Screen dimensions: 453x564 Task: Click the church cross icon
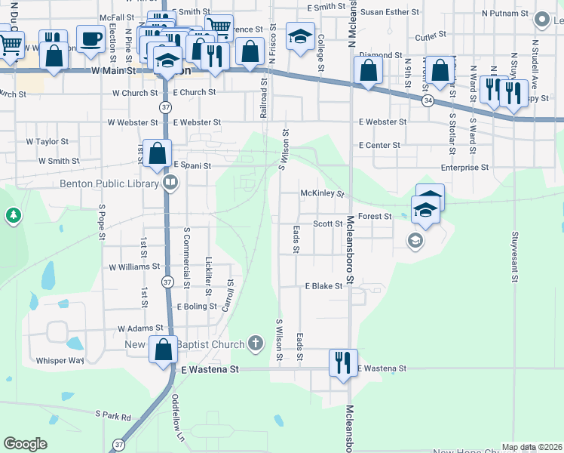coord(256,344)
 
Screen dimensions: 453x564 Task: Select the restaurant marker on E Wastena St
coord(342,362)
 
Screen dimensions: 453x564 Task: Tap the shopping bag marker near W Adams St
coord(163,350)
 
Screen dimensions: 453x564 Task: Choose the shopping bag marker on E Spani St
coord(157,153)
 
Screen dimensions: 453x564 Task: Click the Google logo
coord(25,444)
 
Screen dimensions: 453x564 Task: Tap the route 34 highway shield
coord(427,101)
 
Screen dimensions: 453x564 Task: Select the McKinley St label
coord(322,194)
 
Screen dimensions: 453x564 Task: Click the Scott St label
coord(328,224)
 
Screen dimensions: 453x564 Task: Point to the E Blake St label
coord(323,286)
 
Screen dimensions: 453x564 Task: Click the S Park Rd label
coord(112,414)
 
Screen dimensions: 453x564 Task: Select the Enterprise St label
coord(464,167)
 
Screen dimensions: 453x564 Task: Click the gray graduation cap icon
coord(414,241)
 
